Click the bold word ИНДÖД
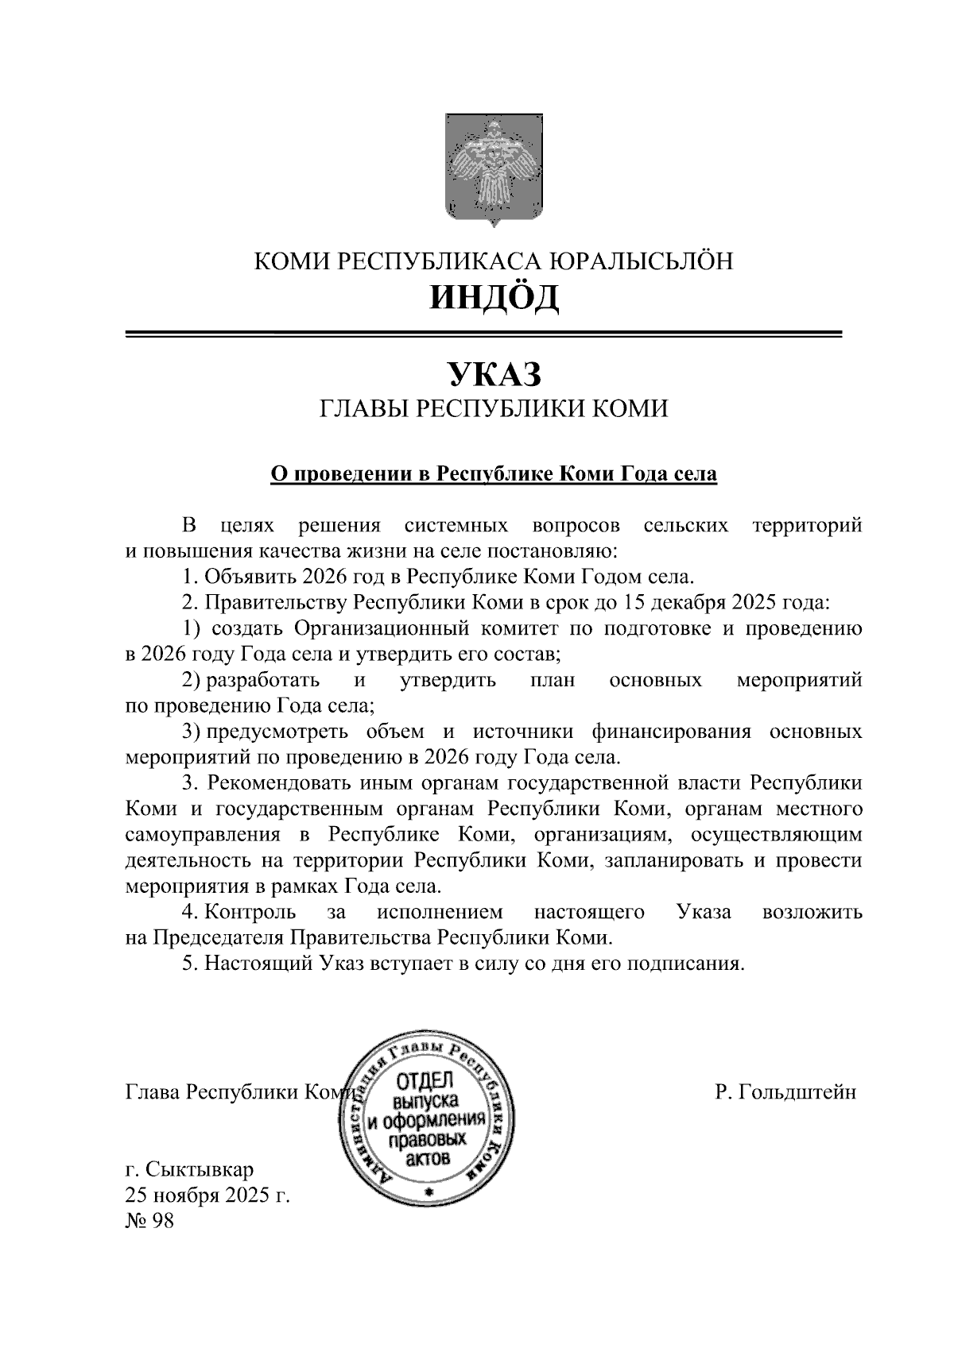click(494, 298)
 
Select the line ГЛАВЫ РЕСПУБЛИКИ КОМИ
click(494, 409)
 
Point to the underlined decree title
click(494, 474)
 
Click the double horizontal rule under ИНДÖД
click(483, 334)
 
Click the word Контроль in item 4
click(250, 912)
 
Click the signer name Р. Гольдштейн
click(785, 1092)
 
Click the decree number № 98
click(149, 1221)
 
